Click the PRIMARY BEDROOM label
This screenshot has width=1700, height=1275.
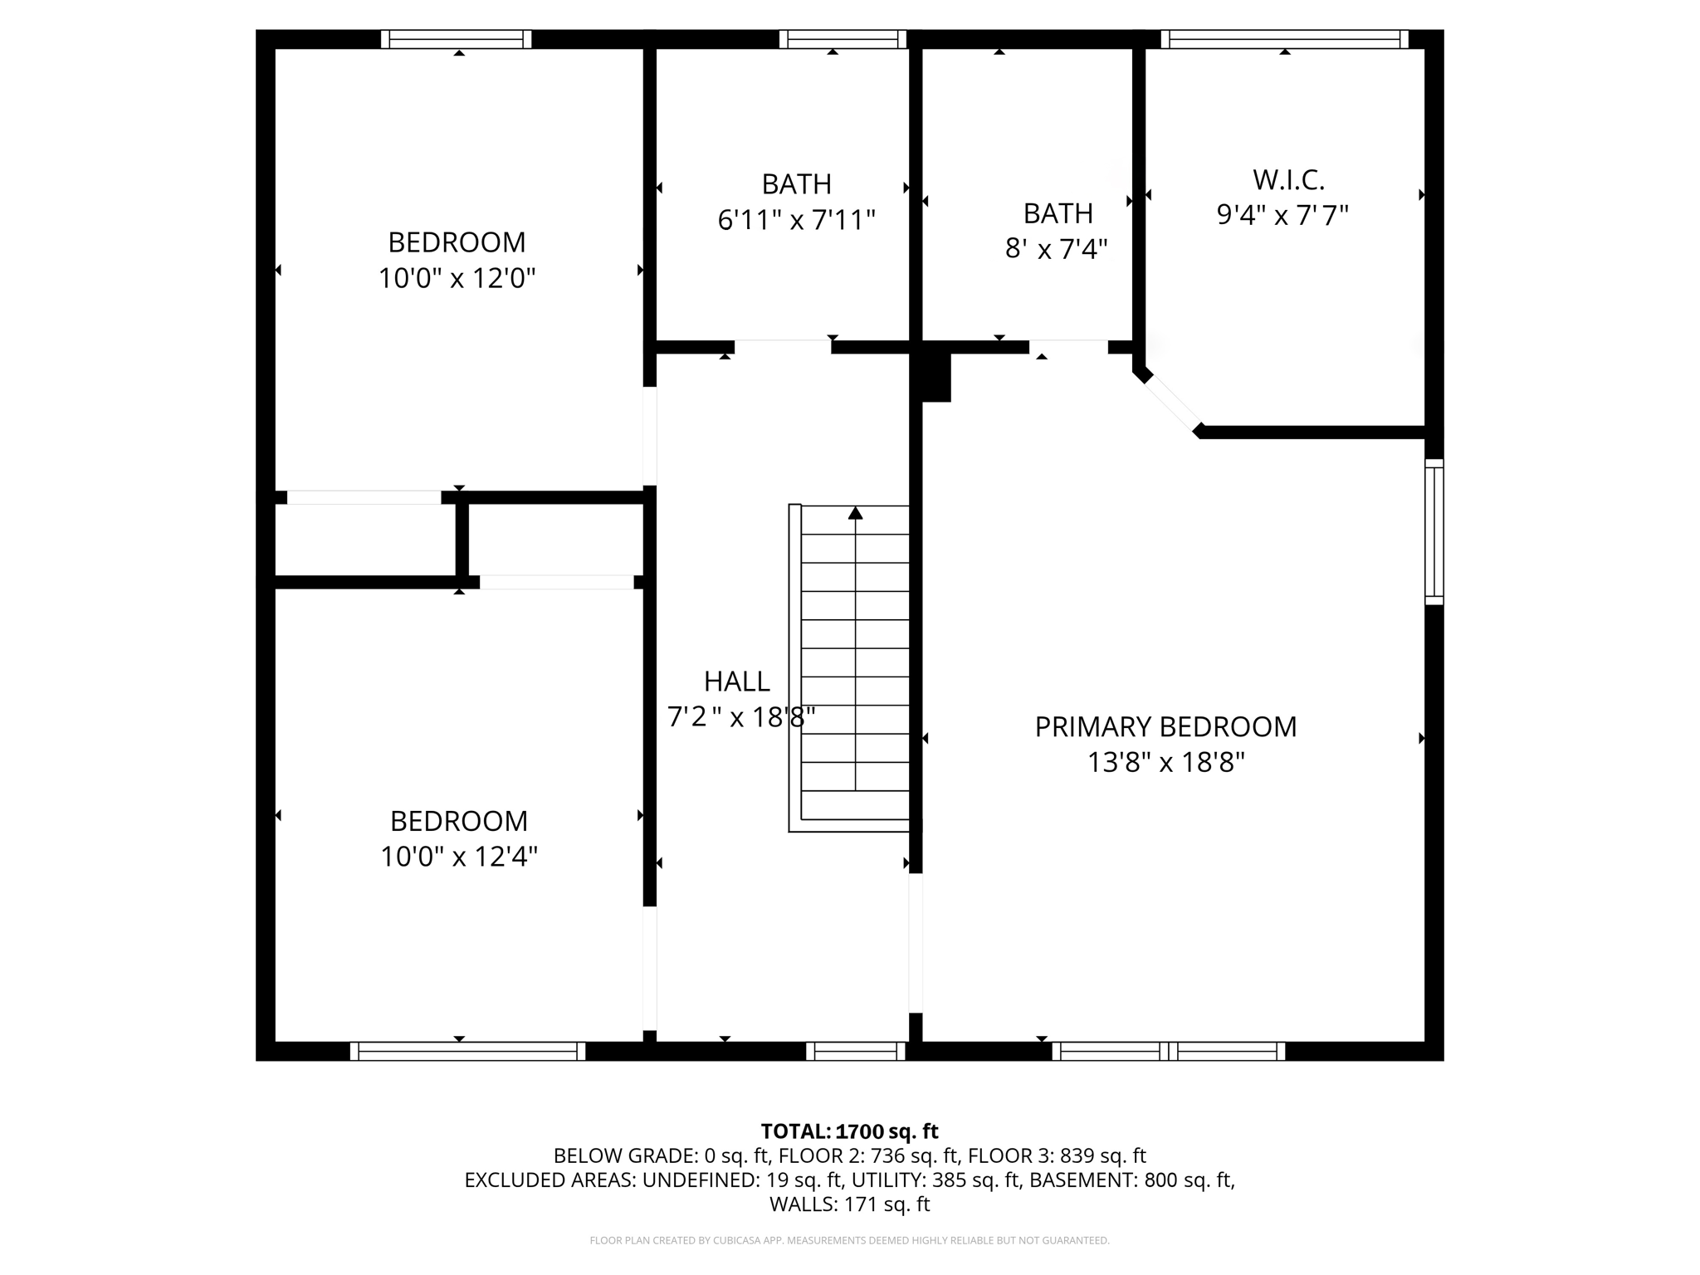tap(1165, 727)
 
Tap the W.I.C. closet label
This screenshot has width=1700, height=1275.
tap(1287, 180)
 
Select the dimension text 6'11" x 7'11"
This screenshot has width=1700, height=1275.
tap(796, 221)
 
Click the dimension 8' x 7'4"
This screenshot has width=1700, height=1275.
tap(1056, 249)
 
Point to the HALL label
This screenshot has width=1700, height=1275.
tap(736, 681)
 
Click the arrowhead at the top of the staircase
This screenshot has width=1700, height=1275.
tap(855, 514)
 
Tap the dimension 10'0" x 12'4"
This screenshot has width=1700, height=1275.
tap(458, 857)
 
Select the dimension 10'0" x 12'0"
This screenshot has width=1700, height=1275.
tap(457, 278)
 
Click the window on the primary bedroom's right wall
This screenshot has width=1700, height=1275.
tap(1434, 532)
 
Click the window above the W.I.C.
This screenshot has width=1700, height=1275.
tap(1283, 39)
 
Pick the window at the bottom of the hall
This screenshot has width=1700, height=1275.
tap(855, 1051)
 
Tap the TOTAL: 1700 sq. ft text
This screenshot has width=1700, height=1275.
tap(849, 1131)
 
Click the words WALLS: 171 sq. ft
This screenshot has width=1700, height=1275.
tap(849, 1204)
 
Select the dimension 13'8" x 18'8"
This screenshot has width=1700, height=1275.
tap(1165, 763)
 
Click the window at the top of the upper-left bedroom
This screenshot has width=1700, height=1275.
tap(457, 39)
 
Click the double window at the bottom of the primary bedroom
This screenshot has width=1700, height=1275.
tap(1168, 1051)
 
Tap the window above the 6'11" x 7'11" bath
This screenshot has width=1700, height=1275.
tap(843, 39)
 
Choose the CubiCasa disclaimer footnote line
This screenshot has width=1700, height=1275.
tap(849, 1241)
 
